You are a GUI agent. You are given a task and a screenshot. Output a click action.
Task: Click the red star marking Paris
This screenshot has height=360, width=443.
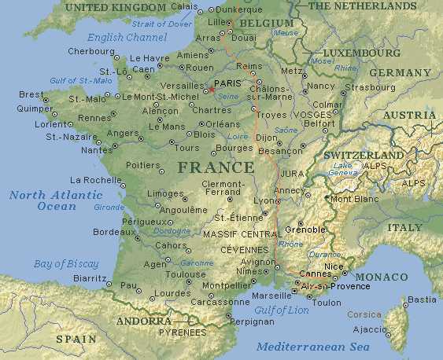210,89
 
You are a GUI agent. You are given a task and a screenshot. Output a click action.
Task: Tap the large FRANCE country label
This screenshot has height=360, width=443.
216,167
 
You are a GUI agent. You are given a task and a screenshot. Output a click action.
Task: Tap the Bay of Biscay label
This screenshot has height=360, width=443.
66,263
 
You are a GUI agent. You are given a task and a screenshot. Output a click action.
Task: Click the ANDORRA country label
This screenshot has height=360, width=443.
144,321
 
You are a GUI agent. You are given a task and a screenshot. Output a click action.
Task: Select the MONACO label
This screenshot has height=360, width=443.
382,277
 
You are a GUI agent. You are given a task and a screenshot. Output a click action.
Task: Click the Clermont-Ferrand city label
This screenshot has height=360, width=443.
223,189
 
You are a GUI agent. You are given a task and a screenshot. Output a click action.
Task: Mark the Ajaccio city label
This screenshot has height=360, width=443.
369,329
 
